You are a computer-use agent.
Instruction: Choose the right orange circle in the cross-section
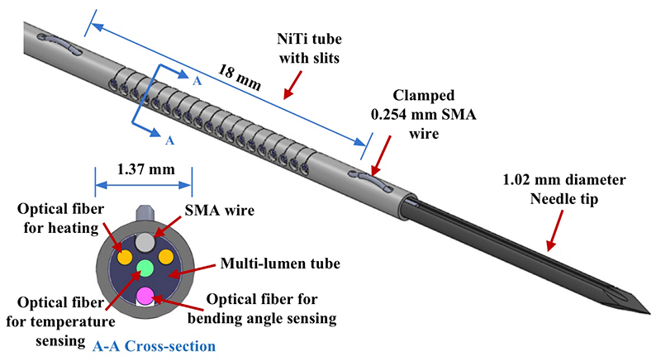pos(166,256)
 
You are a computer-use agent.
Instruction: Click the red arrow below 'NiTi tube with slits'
pos(293,83)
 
